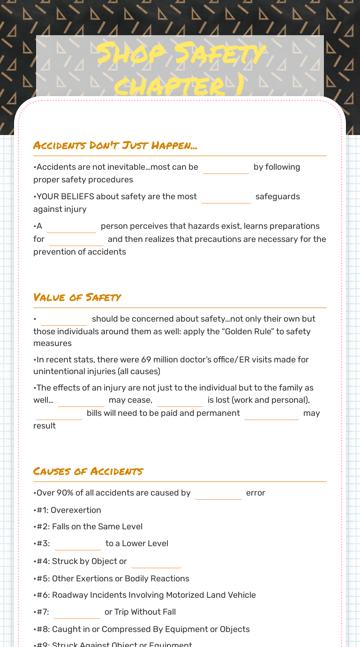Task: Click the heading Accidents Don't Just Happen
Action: (x=115, y=145)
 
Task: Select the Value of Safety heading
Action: (x=77, y=297)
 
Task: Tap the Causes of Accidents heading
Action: (x=88, y=471)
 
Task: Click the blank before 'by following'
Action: (x=225, y=167)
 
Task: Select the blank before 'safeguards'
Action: (x=226, y=197)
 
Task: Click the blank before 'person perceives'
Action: (x=71, y=226)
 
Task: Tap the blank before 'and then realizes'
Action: (x=76, y=240)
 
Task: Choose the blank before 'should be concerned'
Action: (x=64, y=319)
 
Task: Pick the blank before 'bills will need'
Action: (x=59, y=414)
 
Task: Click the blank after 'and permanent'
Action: (x=271, y=414)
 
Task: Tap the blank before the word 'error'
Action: (x=218, y=493)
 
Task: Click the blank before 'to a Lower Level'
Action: (x=78, y=544)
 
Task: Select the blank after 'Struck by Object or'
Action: (x=156, y=562)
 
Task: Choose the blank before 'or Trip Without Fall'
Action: (x=77, y=612)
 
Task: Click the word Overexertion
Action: (x=76, y=510)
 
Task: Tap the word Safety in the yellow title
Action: (x=220, y=54)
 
